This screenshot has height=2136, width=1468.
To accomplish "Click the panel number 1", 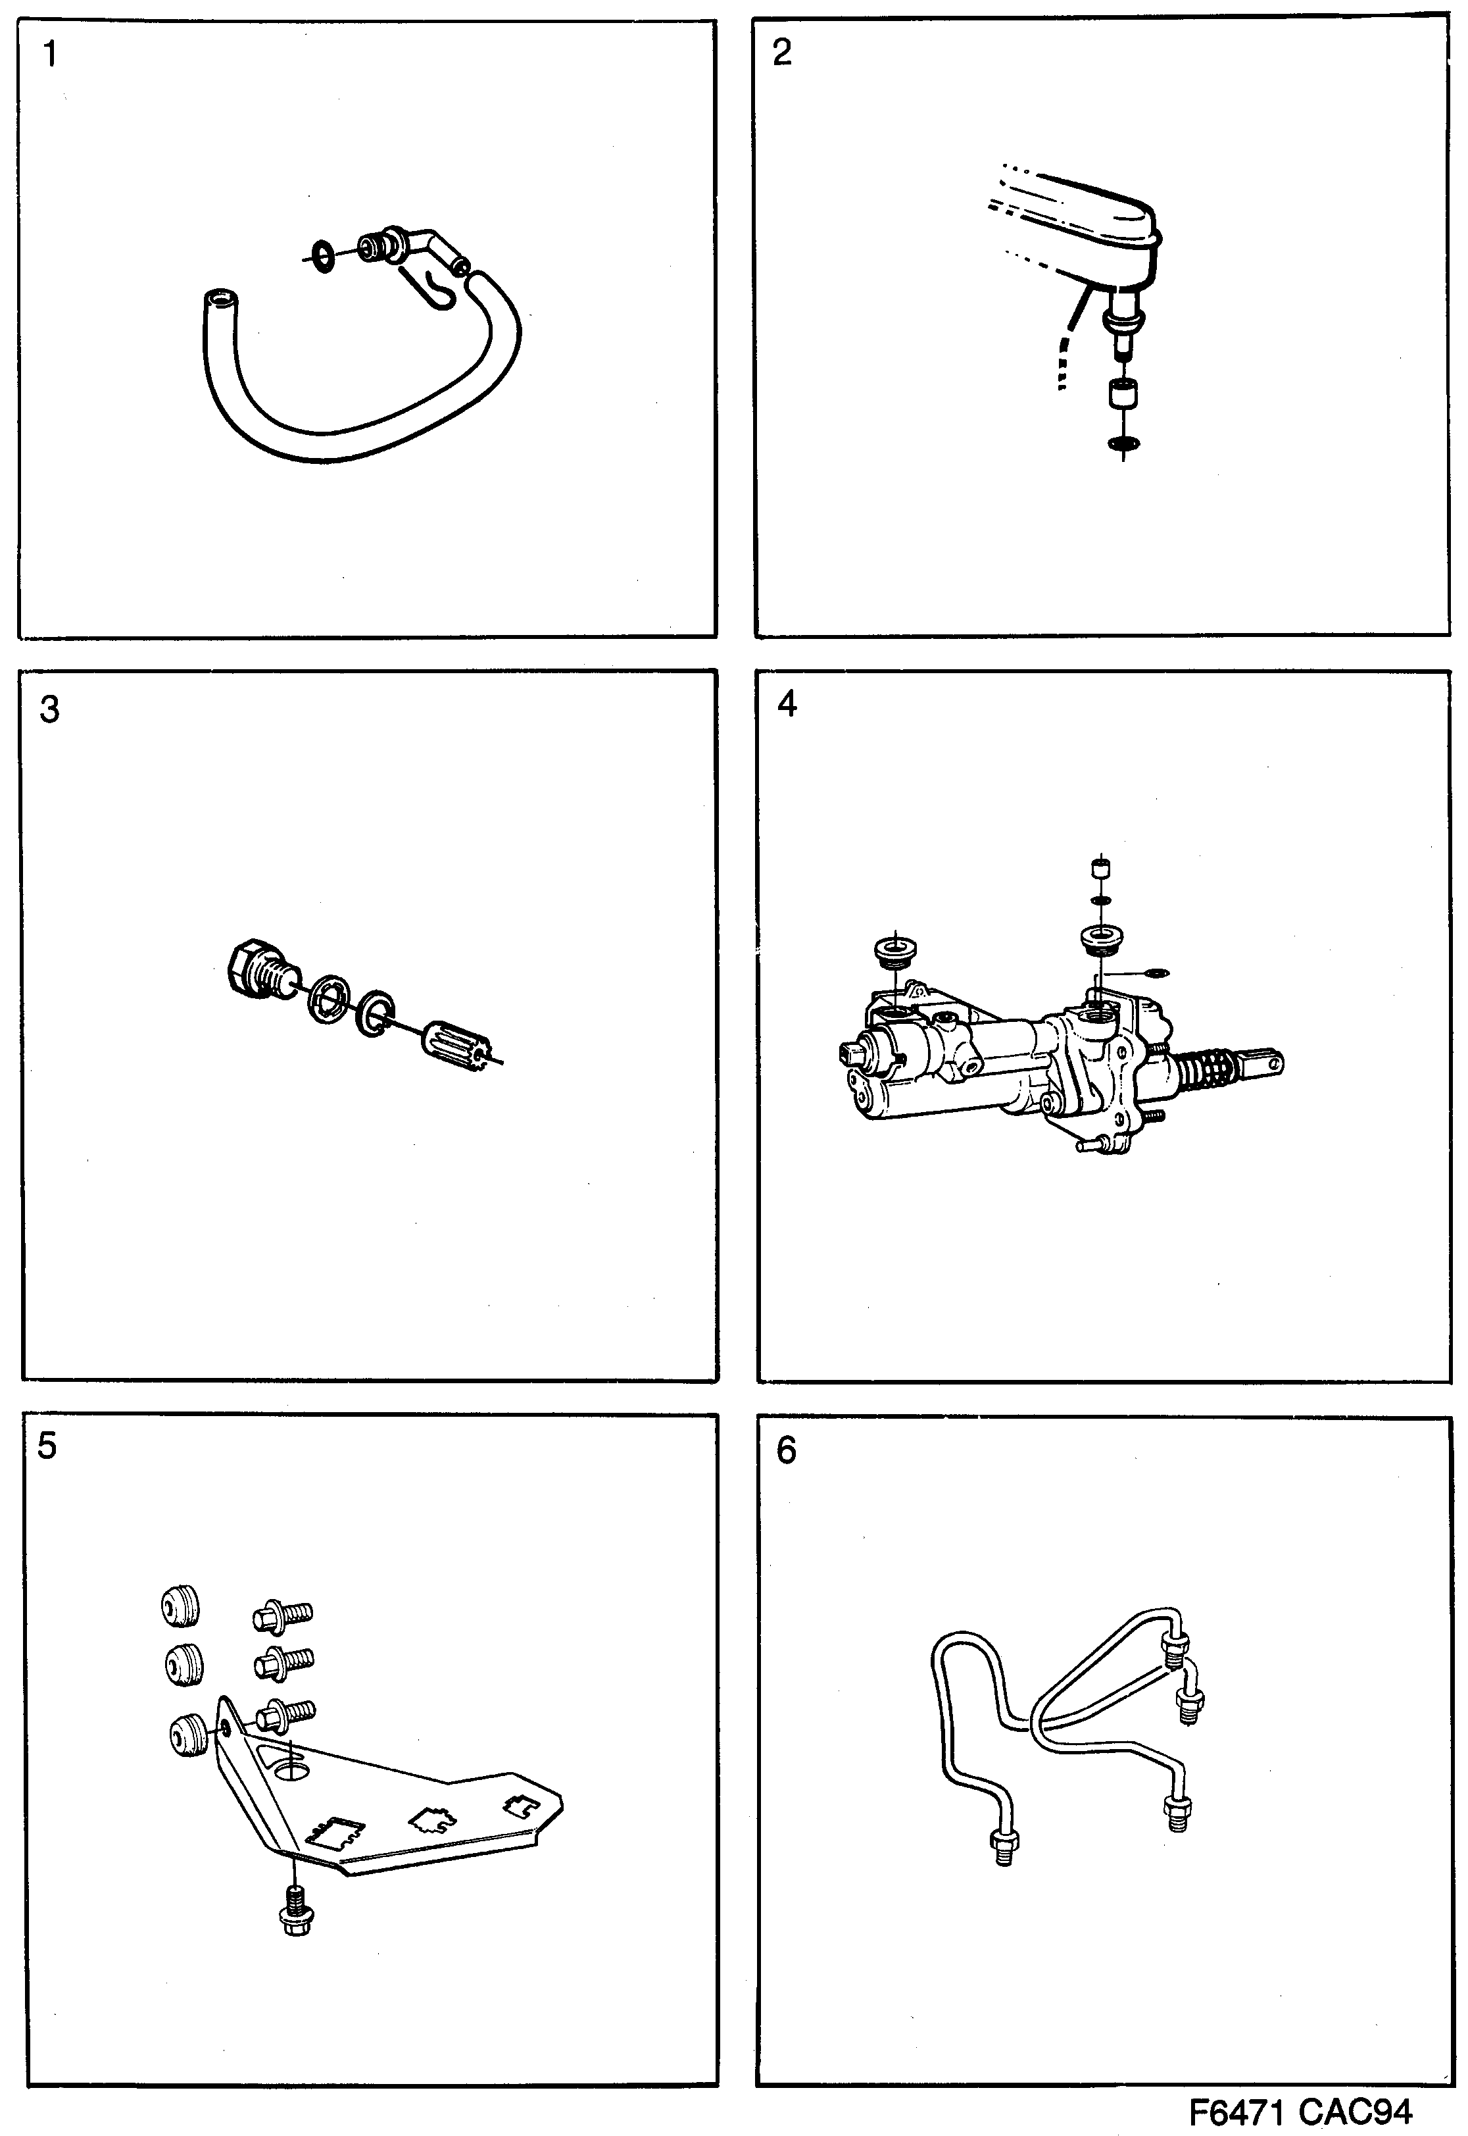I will point(50,55).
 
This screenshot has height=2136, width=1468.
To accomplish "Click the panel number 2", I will point(782,53).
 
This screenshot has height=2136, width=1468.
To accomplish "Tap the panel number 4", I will point(787,704).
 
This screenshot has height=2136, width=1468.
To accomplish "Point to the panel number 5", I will point(47,1446).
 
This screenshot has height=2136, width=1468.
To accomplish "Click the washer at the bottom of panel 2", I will point(1123,444).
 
